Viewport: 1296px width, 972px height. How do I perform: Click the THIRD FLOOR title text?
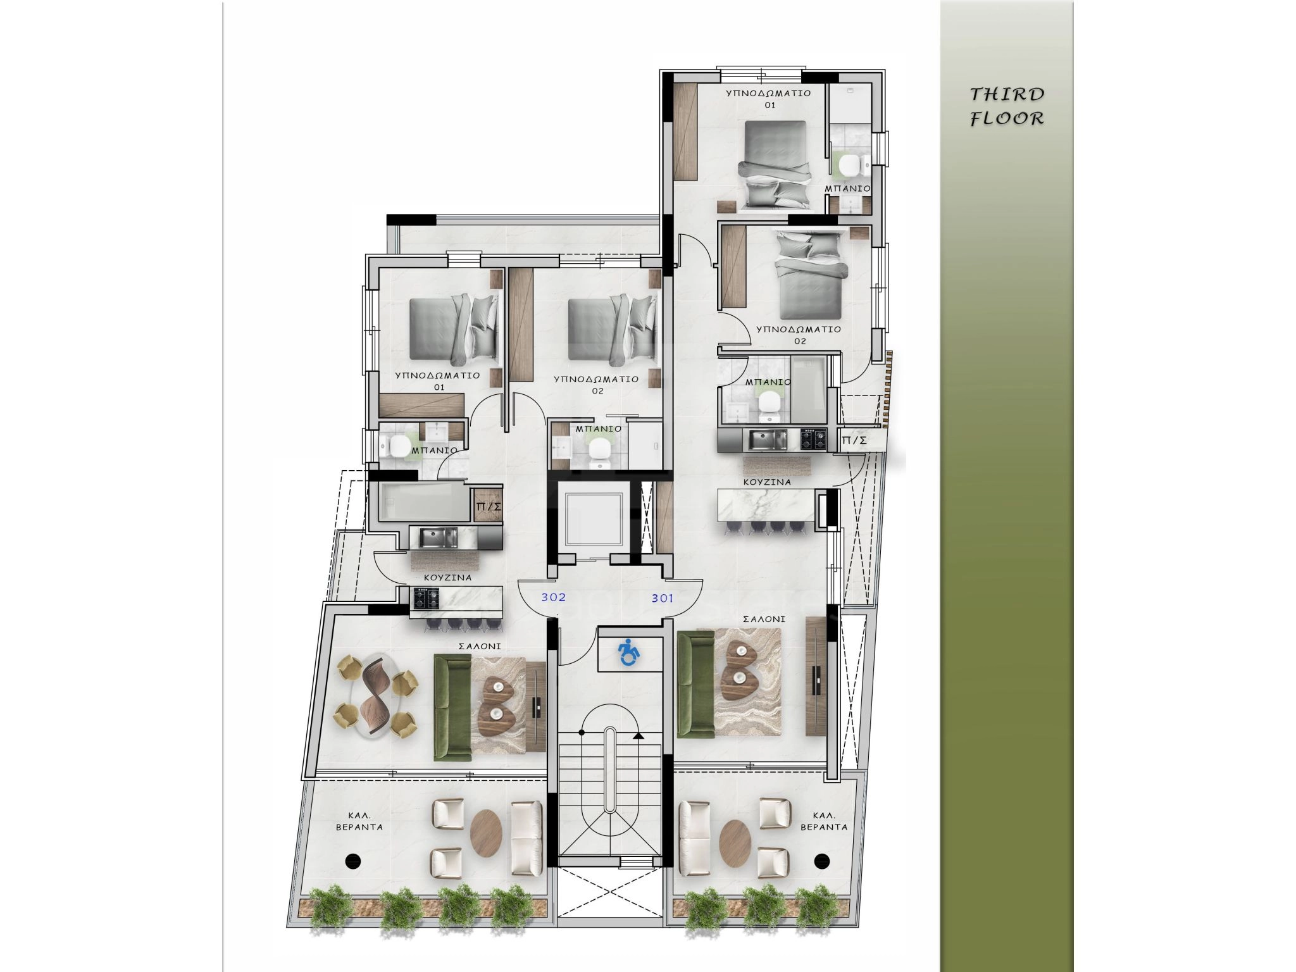pyautogui.click(x=1007, y=106)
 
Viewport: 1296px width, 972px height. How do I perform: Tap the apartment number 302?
pyautogui.click(x=553, y=597)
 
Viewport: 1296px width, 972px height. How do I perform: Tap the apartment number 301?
pyautogui.click(x=662, y=598)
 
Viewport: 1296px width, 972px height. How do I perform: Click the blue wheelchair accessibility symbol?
pyautogui.click(x=628, y=652)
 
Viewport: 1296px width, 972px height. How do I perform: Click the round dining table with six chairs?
pyautogui.click(x=377, y=695)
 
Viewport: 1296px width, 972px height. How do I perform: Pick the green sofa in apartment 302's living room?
pyautogui.click(x=452, y=707)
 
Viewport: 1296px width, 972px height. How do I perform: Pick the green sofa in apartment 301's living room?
pyautogui.click(x=696, y=684)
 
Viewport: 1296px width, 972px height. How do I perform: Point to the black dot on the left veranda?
pyautogui.click(x=353, y=860)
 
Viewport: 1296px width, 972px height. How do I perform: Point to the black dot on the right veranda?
pyautogui.click(x=822, y=860)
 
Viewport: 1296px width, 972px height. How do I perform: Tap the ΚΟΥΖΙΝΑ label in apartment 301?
pyautogui.click(x=767, y=482)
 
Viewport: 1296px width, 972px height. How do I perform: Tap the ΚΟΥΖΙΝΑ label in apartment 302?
pyautogui.click(x=447, y=578)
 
